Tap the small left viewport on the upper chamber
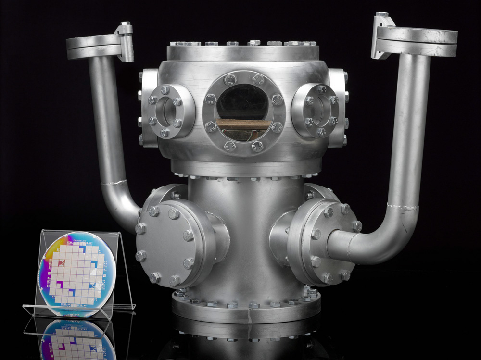pyautogui.click(x=165, y=110)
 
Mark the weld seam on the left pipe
pyautogui.click(x=114, y=183)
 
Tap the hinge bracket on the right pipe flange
pyautogui.click(x=383, y=36)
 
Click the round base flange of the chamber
pyautogui.click(x=245, y=310)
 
